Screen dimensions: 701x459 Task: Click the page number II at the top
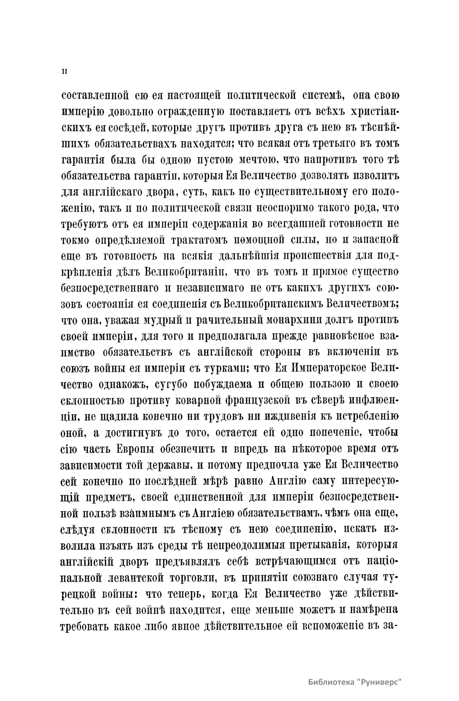point(64,71)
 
